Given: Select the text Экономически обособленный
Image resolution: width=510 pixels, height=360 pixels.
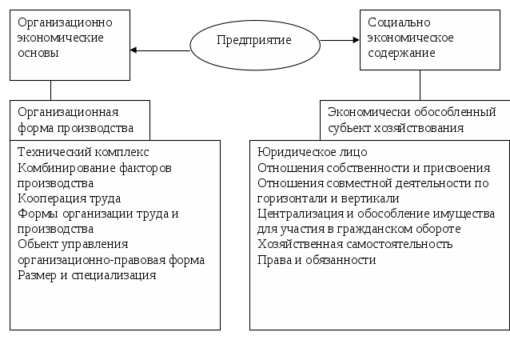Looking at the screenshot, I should click(412, 112).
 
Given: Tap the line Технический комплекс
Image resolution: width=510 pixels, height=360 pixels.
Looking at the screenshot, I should click(83, 151).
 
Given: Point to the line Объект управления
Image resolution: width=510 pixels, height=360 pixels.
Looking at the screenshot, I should click(73, 244).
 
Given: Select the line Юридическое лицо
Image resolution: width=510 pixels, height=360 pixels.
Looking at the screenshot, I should click(313, 151).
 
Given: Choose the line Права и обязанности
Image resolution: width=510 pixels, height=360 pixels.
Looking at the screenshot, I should click(317, 260).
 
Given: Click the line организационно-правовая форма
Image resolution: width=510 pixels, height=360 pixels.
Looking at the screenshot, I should click(111, 260).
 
